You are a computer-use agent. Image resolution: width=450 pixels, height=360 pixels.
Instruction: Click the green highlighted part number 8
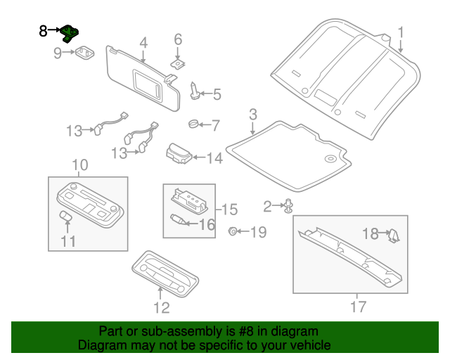tap(70, 33)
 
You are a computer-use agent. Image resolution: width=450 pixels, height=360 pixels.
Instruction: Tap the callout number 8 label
tap(44, 31)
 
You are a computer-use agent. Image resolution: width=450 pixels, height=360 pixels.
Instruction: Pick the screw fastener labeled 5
tap(195, 91)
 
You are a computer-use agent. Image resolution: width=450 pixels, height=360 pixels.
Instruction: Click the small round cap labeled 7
tap(192, 125)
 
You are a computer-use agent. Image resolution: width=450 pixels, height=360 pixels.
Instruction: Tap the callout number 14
tap(214, 159)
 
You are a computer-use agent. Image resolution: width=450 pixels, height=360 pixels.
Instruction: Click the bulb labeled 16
tap(179, 221)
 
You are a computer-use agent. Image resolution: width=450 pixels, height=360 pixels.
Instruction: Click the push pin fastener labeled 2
tap(289, 206)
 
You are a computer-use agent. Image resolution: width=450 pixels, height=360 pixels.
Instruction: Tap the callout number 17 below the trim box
tap(358, 307)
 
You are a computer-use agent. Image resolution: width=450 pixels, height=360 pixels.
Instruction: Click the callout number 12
tap(162, 307)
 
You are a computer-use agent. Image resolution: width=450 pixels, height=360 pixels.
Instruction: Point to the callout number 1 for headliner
tap(401, 32)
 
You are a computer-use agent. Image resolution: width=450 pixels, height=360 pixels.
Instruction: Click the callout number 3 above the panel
tap(252, 114)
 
